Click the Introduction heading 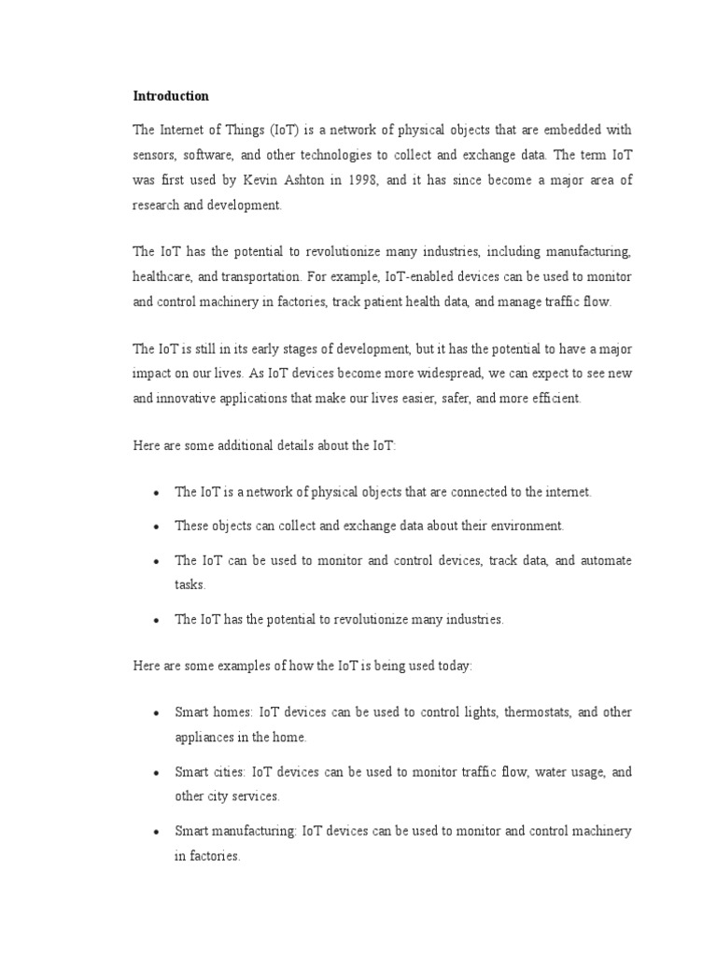click(x=171, y=95)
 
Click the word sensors click(x=155, y=154)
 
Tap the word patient click(x=402, y=302)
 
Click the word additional click(x=247, y=446)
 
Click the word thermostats click(x=536, y=711)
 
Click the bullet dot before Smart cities click(x=155, y=773)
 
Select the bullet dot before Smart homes click(x=155, y=712)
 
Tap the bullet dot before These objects click(x=155, y=527)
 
